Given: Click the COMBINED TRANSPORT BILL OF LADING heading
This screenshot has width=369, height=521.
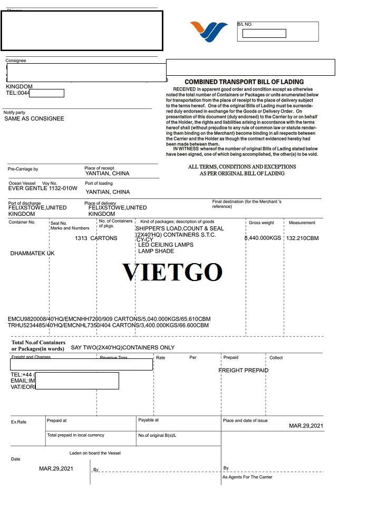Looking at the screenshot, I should point(244,82).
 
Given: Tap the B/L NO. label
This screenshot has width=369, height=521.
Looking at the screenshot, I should point(245,25).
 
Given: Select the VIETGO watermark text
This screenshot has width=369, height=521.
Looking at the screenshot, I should point(172,272).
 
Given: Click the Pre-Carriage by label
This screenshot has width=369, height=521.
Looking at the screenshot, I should point(23,169).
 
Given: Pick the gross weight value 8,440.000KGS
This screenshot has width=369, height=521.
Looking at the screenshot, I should point(263,238).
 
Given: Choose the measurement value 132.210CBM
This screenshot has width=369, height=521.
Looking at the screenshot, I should point(303,238).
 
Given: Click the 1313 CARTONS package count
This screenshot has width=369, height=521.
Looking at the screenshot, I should point(96,238).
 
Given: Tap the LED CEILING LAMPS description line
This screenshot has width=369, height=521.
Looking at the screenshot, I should point(166,245).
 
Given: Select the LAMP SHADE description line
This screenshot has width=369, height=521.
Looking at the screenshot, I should point(156,251).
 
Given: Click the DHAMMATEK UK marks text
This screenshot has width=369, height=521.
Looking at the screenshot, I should point(32,254).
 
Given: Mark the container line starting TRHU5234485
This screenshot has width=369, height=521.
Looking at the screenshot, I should point(108,325).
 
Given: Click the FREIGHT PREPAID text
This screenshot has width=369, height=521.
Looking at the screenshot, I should point(244,370).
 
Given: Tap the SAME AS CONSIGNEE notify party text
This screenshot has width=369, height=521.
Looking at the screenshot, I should point(34,119).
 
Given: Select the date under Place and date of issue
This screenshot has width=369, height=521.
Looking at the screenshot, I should point(306,426).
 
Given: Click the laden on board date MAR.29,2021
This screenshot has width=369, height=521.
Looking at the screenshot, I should point(56,468).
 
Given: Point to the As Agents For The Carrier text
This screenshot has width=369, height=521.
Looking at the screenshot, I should point(247,477).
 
